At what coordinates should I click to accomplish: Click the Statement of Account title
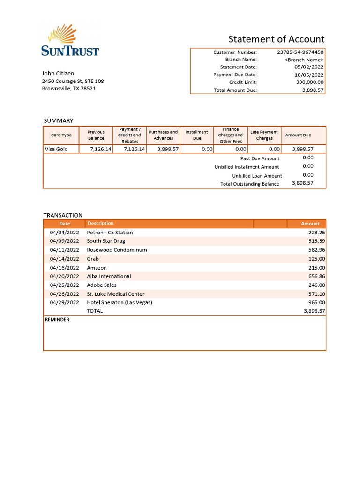coord(276,39)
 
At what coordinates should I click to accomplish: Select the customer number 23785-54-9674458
coord(300,52)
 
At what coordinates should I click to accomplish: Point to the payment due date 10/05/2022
coord(309,75)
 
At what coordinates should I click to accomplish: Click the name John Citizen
coord(58,74)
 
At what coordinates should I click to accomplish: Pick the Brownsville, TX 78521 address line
coord(69,89)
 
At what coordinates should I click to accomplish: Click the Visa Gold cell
coord(56,149)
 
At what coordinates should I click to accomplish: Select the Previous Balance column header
coord(96,135)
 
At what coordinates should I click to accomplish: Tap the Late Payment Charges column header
coord(264,135)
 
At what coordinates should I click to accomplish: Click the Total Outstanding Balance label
coord(249,184)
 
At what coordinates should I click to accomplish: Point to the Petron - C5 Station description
coord(110,232)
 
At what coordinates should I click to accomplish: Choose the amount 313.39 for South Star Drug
coord(316,241)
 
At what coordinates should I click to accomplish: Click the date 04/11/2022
coord(65,250)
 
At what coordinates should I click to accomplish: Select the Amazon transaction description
coord(97,268)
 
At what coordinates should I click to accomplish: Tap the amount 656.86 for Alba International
coord(316,277)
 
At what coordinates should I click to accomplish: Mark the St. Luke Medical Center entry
coord(115,294)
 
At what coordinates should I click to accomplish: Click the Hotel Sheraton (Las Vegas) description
coord(120,303)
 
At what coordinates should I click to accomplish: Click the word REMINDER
coord(57,320)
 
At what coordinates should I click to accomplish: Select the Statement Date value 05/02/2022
coord(309,67)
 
